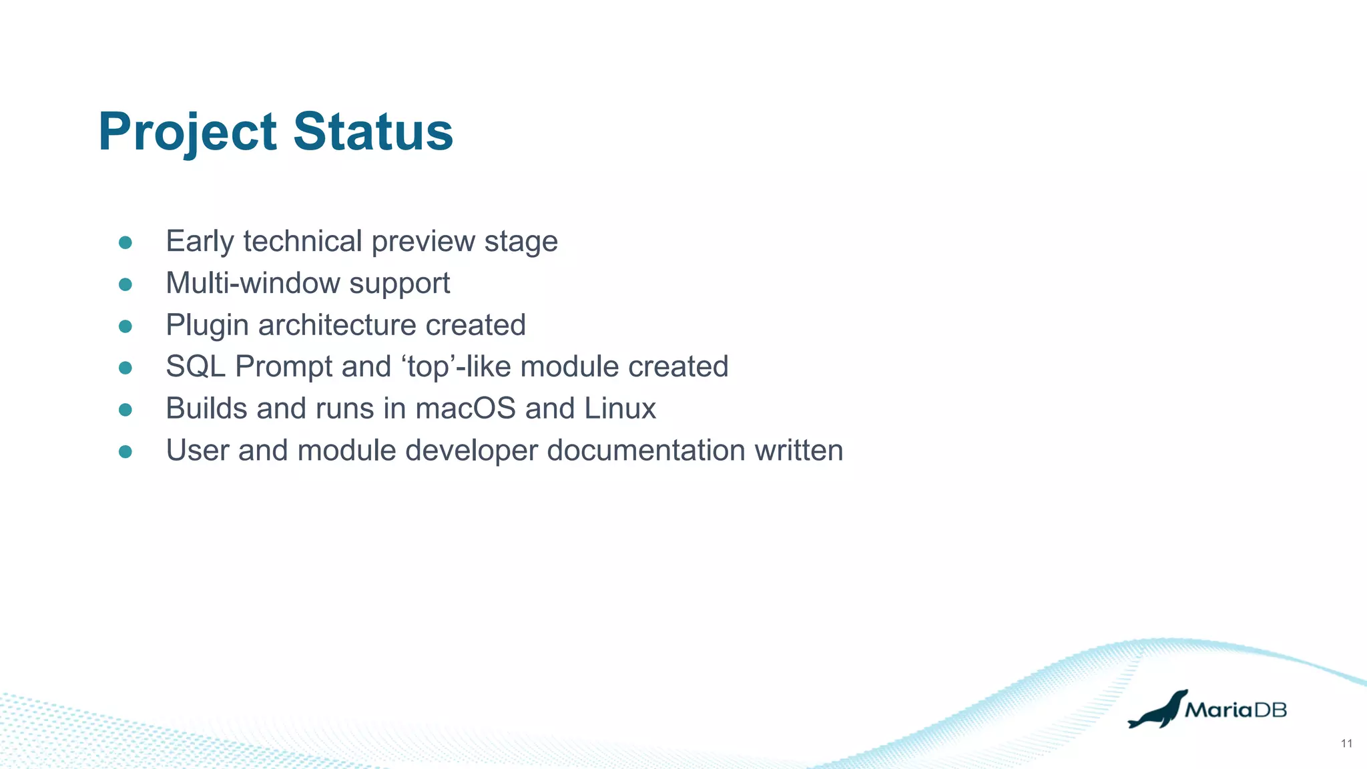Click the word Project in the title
[x=187, y=132]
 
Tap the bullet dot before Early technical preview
[x=125, y=242]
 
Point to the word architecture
[x=337, y=325]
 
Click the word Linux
[x=620, y=409]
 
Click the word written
[x=799, y=450]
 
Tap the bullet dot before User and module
[x=125, y=452]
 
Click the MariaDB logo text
[x=1236, y=710]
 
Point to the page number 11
[x=1346, y=744]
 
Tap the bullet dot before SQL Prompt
[x=125, y=368]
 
